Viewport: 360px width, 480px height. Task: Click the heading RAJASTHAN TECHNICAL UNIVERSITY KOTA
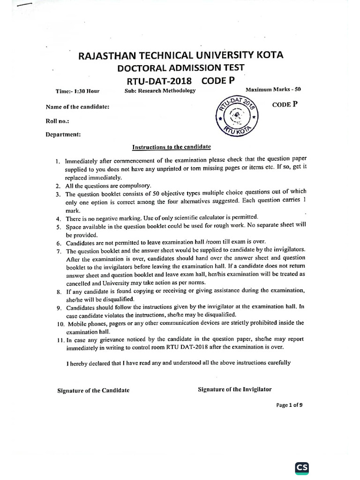pyautogui.click(x=180, y=56)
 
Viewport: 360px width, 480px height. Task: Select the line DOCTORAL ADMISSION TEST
pyautogui.click(x=180, y=68)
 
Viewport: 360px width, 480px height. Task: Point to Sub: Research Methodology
pyautogui.click(x=160, y=91)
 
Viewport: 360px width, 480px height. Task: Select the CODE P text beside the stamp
pyautogui.click(x=285, y=105)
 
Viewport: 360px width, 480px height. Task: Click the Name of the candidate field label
pyautogui.click(x=77, y=107)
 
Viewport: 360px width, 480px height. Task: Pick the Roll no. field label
pyautogui.click(x=57, y=121)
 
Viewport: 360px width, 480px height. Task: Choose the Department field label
pyautogui.click(x=63, y=135)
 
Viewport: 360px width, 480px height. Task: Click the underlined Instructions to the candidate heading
pyautogui.click(x=172, y=147)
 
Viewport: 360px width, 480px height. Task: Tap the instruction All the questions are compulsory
pyautogui.click(x=108, y=186)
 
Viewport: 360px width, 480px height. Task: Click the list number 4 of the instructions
pyautogui.click(x=58, y=218)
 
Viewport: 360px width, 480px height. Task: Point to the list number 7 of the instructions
pyautogui.click(x=58, y=250)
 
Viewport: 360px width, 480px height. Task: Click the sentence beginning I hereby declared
pyautogui.click(x=178, y=362)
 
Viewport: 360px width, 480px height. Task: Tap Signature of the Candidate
pyautogui.click(x=93, y=390)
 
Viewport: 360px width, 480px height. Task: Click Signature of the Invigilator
pyautogui.click(x=234, y=389)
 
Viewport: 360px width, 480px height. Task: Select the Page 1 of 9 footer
pyautogui.click(x=289, y=406)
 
